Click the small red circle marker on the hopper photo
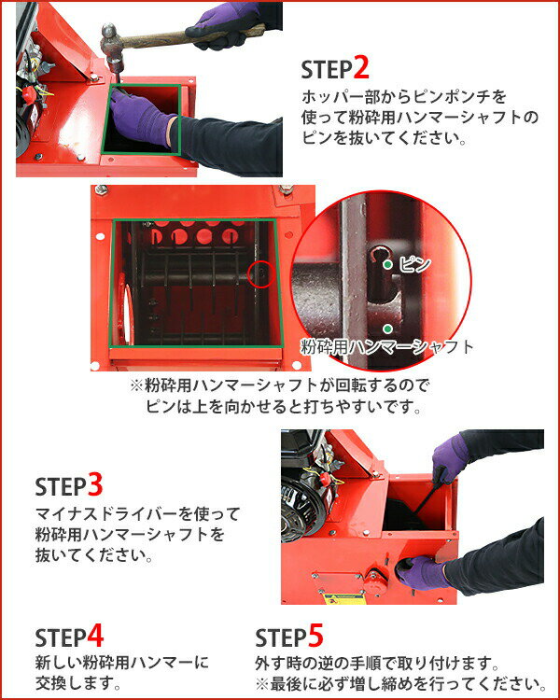(x=261, y=273)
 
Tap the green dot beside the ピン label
(x=387, y=265)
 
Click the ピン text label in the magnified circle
(x=413, y=265)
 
